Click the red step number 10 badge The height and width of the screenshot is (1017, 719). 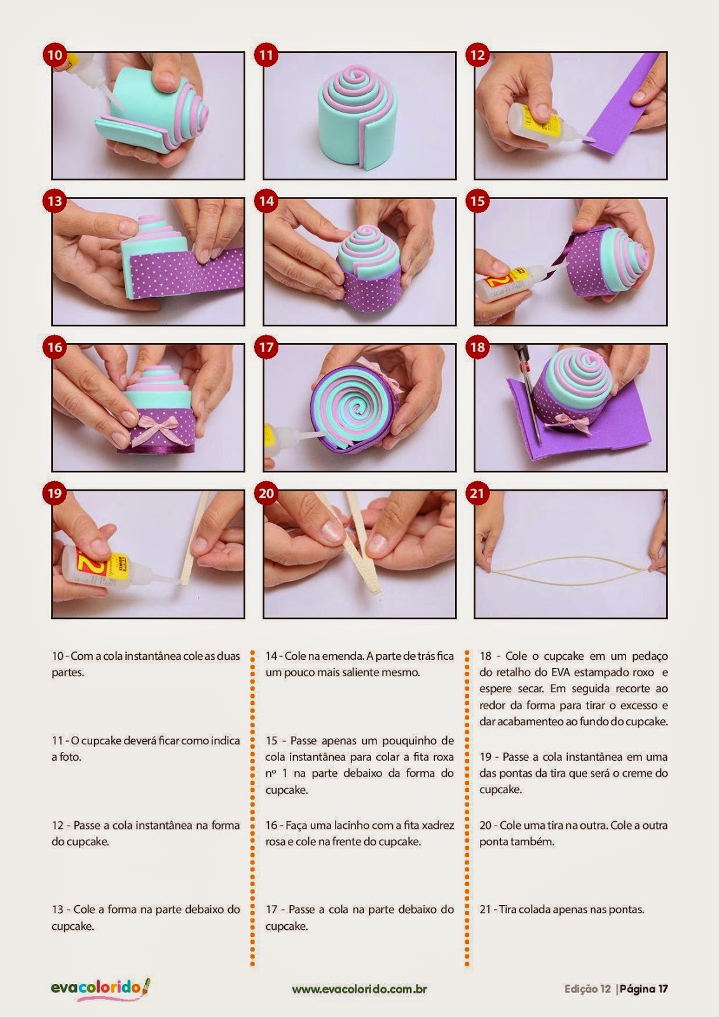pyautogui.click(x=55, y=55)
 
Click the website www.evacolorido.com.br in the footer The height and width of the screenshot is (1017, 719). pyautogui.click(x=359, y=989)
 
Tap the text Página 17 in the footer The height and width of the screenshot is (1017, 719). pyautogui.click(x=644, y=989)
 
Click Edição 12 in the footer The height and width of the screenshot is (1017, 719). pyautogui.click(x=587, y=989)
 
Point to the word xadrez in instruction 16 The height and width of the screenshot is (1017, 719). pyautogui.click(x=438, y=825)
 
